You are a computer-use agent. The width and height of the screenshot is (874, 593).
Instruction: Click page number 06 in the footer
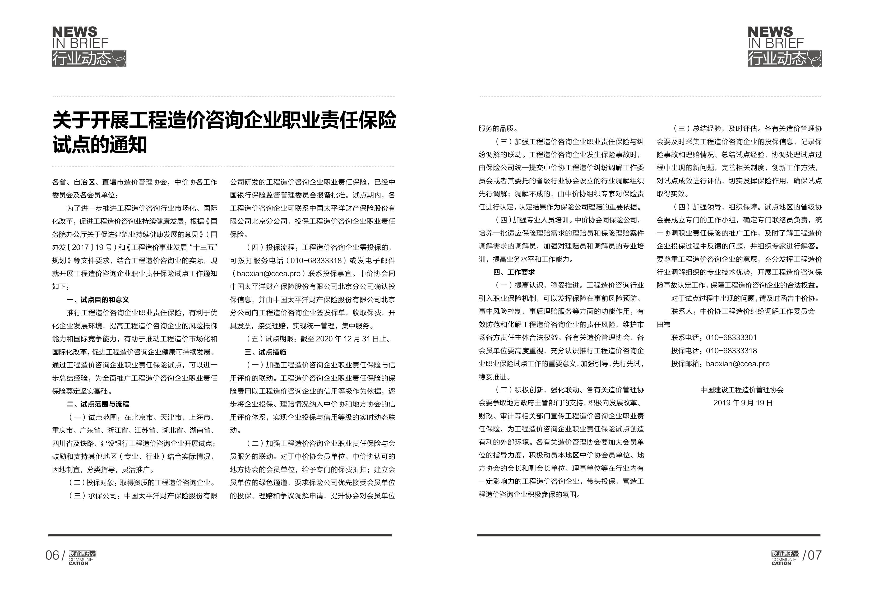(x=52, y=555)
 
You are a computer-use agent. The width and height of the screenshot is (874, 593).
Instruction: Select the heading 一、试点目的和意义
(x=98, y=300)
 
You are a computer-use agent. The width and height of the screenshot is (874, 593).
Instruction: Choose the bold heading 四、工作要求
(x=514, y=272)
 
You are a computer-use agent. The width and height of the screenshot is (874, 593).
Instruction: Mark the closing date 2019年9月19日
(x=743, y=403)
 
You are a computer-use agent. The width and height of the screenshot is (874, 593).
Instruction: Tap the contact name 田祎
(x=663, y=325)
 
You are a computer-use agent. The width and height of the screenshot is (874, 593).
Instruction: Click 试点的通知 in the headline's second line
(x=99, y=145)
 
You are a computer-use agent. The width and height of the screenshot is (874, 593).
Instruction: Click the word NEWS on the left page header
(x=75, y=32)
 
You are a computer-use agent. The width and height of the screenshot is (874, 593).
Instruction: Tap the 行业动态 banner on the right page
(x=784, y=59)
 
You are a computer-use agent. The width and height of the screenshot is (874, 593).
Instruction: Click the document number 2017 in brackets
(x=80, y=247)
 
